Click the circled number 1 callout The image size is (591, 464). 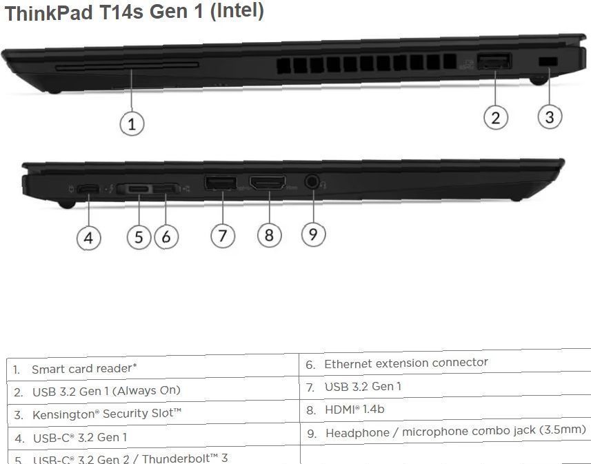132,123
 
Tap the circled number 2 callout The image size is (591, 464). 495,117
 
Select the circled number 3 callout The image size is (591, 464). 549,117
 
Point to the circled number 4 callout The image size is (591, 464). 88,238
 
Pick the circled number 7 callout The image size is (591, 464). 222,236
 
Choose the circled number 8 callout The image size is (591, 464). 269,235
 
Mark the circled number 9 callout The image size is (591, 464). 313,234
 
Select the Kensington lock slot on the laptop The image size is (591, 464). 548,62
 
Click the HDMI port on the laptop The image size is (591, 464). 267,183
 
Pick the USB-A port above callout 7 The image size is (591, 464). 220,183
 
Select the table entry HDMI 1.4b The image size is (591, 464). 354,410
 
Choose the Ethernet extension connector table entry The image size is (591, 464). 405,363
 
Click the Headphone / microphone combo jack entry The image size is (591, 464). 455,432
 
